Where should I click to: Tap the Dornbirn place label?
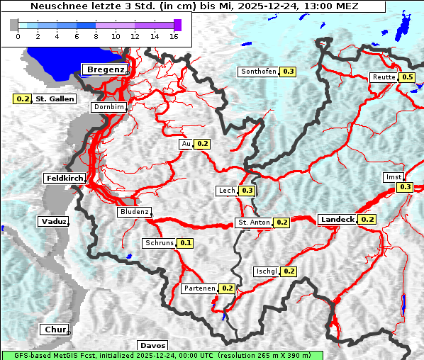[x=108, y=108]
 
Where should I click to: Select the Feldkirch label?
[x=65, y=179]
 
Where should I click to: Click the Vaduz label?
[x=53, y=222]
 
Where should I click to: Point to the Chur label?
[x=54, y=330]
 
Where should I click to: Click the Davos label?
[x=152, y=345]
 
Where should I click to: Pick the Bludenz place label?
[x=134, y=212]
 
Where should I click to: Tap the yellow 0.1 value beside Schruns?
[x=186, y=243]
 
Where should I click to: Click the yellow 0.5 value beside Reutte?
[x=407, y=77]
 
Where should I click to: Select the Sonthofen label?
[x=259, y=72]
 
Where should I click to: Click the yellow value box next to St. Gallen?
[x=23, y=99]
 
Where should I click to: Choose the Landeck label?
[x=337, y=220]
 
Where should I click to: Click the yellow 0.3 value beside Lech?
[x=247, y=191]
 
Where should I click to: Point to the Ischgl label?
[x=267, y=271]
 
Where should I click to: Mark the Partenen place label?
[x=199, y=288]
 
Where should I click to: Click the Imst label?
[x=392, y=176]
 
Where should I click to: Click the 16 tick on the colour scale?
[x=173, y=36]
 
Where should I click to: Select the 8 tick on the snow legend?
[x=95, y=36]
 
